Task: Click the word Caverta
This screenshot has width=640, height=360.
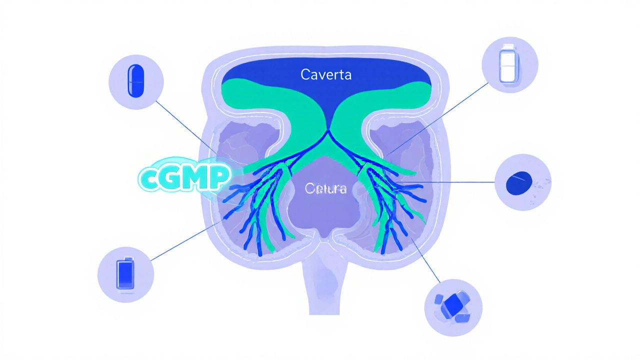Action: click(x=326, y=75)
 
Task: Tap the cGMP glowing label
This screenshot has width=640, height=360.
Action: click(x=184, y=176)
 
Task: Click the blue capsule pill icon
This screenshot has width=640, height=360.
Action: click(x=136, y=80)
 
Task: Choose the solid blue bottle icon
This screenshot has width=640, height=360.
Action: click(x=125, y=273)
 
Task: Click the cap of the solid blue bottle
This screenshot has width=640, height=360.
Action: click(x=125, y=259)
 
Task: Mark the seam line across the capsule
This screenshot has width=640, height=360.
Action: click(x=136, y=81)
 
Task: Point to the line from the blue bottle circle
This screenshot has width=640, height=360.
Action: click(x=185, y=240)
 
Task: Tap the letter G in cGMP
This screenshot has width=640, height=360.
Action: click(x=170, y=176)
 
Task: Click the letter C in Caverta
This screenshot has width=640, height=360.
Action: click(x=305, y=75)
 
